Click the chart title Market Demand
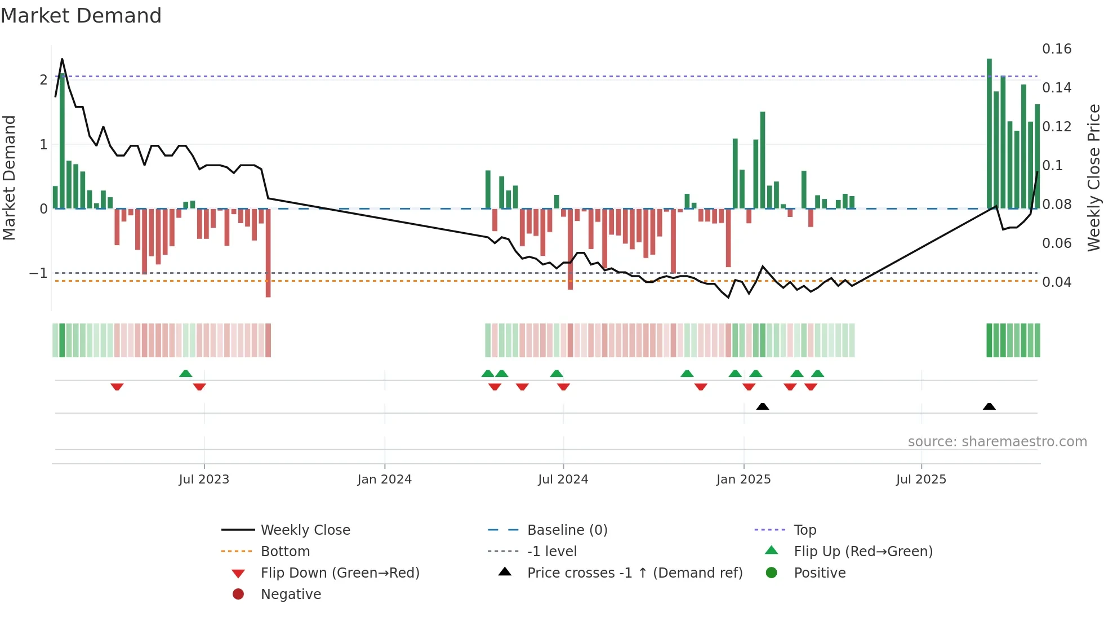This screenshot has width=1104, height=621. [81, 16]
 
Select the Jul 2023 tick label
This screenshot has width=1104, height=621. [204, 480]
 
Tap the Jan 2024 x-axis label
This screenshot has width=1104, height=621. [384, 480]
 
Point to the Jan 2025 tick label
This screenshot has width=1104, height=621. [744, 480]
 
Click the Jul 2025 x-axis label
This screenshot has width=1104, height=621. [921, 480]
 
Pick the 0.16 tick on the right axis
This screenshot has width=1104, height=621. [1056, 49]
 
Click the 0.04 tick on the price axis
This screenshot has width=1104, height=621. [1056, 282]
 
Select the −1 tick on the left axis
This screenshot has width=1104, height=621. [38, 273]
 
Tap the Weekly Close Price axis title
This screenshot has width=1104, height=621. [1093, 178]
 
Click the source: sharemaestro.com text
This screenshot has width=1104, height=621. [997, 442]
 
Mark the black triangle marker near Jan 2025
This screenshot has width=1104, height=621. [762, 406]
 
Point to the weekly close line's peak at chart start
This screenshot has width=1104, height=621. [62, 59]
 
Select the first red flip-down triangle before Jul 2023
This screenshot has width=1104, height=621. [117, 387]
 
